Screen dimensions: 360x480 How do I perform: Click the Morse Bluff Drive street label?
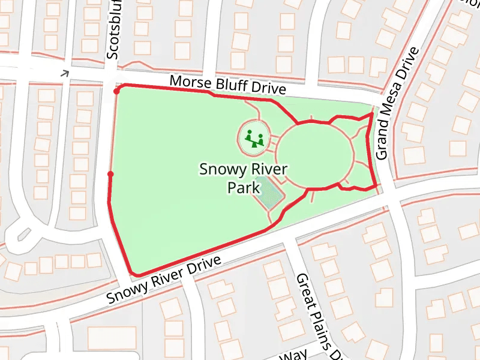227,85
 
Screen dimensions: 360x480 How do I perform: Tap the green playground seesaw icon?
255,138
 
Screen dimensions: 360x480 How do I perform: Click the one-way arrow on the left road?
65,73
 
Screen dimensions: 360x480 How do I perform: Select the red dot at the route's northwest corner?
116,91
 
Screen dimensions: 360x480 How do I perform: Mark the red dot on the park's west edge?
110,175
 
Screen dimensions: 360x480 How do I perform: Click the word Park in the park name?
243,188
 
